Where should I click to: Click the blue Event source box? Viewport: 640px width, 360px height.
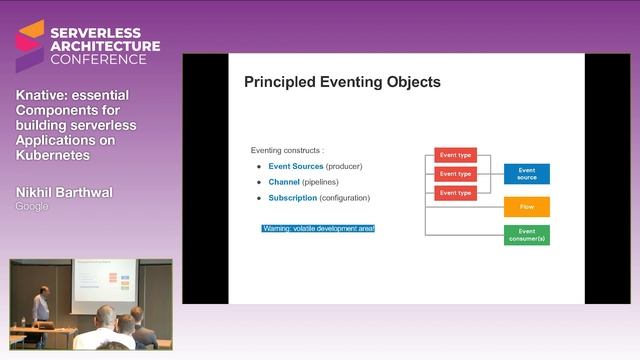click(x=526, y=174)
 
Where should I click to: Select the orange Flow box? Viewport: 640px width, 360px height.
click(x=526, y=208)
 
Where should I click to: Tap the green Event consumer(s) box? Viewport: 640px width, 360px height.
click(x=526, y=236)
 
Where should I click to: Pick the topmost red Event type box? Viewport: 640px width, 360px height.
click(x=455, y=155)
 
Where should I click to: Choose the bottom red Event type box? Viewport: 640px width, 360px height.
click(x=455, y=192)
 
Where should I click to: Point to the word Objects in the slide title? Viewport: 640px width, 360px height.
click(x=413, y=82)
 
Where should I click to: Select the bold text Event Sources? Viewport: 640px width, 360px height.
click(x=296, y=165)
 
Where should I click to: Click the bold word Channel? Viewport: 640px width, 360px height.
click(x=284, y=182)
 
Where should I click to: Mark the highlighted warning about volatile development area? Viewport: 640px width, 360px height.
click(x=317, y=229)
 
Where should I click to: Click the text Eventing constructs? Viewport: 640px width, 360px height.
click(x=288, y=149)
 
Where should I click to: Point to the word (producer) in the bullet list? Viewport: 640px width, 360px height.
click(x=344, y=165)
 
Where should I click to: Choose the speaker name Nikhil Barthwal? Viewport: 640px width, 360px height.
click(x=64, y=191)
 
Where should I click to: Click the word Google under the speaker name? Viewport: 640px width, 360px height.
click(x=32, y=206)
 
